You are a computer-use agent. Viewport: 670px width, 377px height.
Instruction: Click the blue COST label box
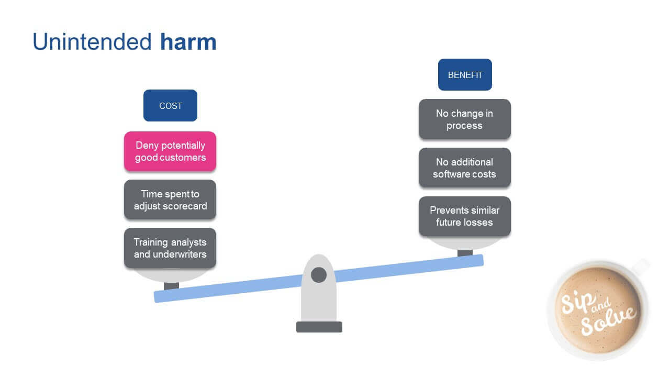coord(170,106)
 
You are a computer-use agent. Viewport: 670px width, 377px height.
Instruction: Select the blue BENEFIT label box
coord(465,75)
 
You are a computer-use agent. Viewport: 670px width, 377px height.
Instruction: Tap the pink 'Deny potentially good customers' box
coord(170,151)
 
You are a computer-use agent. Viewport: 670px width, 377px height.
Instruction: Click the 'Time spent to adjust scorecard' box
coord(170,199)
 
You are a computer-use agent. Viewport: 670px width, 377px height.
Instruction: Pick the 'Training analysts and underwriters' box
coord(170,248)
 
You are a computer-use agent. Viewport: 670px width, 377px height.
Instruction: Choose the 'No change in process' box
coord(464,119)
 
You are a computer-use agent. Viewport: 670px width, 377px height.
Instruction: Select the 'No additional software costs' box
coord(464,168)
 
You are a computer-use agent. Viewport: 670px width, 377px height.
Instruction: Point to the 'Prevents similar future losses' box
coord(464,216)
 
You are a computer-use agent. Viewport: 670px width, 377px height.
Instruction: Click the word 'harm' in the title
coord(188,42)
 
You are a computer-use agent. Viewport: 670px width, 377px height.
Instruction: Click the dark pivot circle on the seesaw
coord(319,274)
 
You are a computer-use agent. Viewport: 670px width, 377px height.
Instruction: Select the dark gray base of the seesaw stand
coord(319,327)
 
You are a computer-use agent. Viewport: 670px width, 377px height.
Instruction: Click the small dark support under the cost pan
coord(171,286)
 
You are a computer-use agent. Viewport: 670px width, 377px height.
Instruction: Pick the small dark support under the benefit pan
coord(465,253)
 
